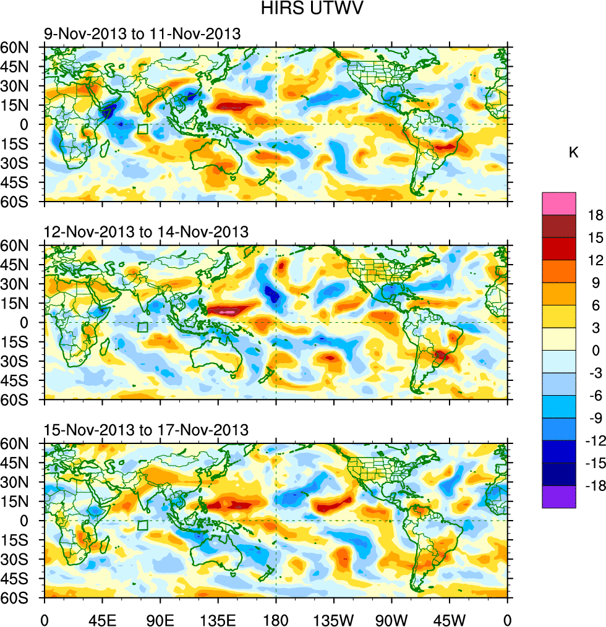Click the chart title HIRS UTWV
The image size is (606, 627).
[x=302, y=9]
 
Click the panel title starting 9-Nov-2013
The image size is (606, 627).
[x=142, y=34]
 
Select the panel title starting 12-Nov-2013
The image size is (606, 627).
[x=146, y=232]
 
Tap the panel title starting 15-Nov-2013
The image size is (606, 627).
[x=146, y=430]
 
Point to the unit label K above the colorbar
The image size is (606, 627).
[x=574, y=152]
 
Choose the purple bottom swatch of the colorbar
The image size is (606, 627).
[x=558, y=497]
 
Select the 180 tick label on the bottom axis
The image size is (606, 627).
[x=276, y=618]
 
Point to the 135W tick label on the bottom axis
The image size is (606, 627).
[x=334, y=618]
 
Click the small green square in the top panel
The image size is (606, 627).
[x=142, y=129]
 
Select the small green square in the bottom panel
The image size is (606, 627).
[x=142, y=526]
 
